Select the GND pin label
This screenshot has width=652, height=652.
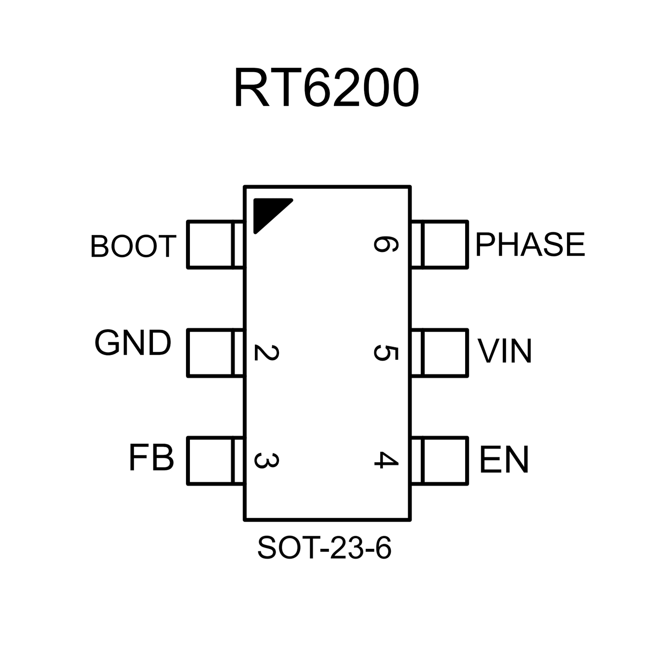(x=133, y=343)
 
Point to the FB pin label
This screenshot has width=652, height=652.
(x=151, y=458)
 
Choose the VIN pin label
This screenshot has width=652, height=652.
(x=505, y=351)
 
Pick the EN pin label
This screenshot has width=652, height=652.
(x=504, y=460)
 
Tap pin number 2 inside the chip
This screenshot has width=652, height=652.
(x=266, y=353)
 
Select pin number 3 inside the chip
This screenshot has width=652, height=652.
(x=266, y=460)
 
